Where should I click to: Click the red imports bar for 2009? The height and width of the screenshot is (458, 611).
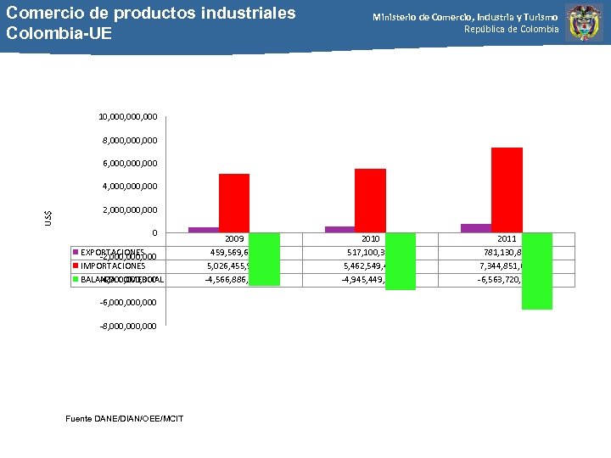(233, 203)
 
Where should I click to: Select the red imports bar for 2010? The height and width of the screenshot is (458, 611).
(370, 200)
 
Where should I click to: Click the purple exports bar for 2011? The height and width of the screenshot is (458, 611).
(476, 228)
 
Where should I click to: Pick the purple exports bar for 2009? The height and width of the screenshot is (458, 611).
(204, 230)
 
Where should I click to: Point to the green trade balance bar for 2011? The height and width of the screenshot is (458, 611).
(537, 271)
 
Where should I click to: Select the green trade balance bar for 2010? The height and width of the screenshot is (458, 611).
(401, 261)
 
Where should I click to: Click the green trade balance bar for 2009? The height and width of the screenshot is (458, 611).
(264, 259)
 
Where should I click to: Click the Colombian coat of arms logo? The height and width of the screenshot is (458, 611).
(585, 24)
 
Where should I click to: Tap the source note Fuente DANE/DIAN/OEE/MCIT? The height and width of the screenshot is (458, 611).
(124, 418)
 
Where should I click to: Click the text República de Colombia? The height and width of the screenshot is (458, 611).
(511, 30)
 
